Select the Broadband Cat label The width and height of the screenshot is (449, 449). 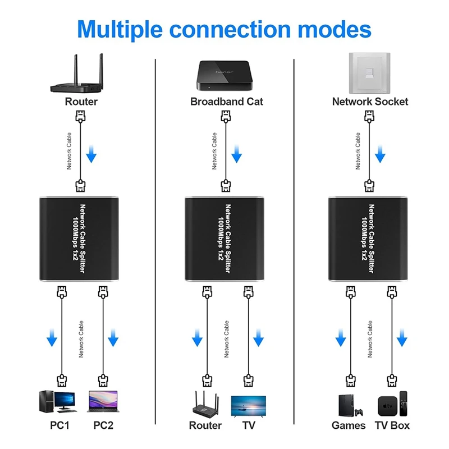pos(226,102)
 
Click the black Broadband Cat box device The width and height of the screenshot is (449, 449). pos(225,75)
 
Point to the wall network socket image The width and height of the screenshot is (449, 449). pos(370,72)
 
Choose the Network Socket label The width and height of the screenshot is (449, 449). pos(370,102)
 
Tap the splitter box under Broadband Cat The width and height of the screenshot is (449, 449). pos(225,239)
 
